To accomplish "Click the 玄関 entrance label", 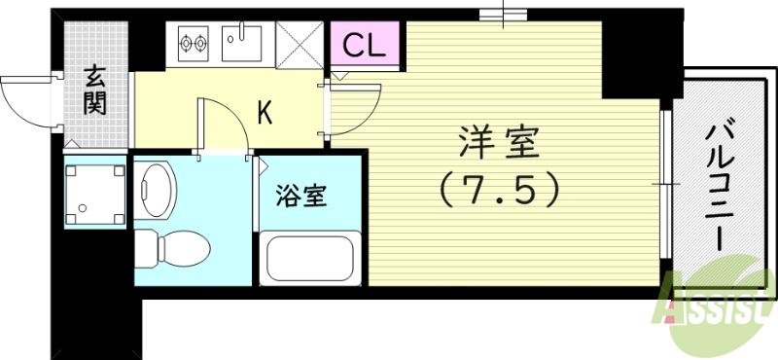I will (95, 89).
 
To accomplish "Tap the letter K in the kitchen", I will (264, 114).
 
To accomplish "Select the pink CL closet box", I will (368, 45).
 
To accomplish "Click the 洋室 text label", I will (496, 144).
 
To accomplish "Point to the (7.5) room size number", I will (500, 188).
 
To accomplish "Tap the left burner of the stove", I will (185, 42).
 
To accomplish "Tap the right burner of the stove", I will (202, 42).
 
